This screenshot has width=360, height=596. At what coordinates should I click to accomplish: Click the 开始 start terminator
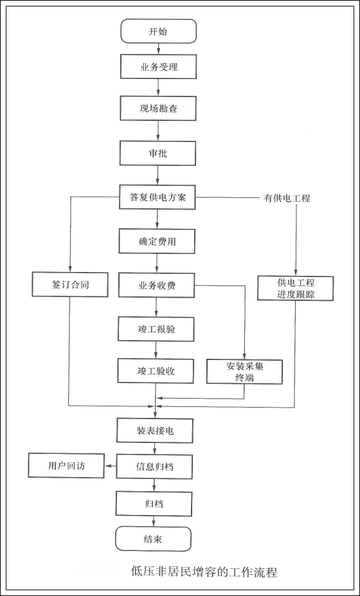(x=158, y=31)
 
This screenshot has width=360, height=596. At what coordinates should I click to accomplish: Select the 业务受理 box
(x=159, y=68)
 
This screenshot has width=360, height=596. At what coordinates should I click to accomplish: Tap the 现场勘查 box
(x=159, y=108)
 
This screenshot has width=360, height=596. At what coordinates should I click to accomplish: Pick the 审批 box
(x=158, y=154)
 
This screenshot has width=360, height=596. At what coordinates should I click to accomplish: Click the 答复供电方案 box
(x=157, y=197)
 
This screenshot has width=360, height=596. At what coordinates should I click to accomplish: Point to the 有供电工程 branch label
(x=287, y=198)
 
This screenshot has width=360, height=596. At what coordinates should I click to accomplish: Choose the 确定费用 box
(x=157, y=241)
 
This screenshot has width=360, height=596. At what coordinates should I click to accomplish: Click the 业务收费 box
(x=157, y=284)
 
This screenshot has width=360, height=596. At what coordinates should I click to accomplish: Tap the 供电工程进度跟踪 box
(x=295, y=288)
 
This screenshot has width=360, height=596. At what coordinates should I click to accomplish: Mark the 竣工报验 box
(x=157, y=329)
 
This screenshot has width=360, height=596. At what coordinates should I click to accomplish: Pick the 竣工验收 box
(x=156, y=371)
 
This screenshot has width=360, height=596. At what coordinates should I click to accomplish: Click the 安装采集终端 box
(x=245, y=371)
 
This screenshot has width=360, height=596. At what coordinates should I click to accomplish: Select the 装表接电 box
(x=155, y=430)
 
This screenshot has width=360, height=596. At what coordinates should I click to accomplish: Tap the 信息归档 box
(x=155, y=465)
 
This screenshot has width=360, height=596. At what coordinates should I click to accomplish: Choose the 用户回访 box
(x=67, y=465)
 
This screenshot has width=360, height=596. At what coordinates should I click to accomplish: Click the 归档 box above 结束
(x=154, y=503)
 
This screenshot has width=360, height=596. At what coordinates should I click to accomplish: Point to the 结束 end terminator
(x=154, y=539)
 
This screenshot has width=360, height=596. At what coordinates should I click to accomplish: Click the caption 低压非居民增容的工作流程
(x=204, y=572)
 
